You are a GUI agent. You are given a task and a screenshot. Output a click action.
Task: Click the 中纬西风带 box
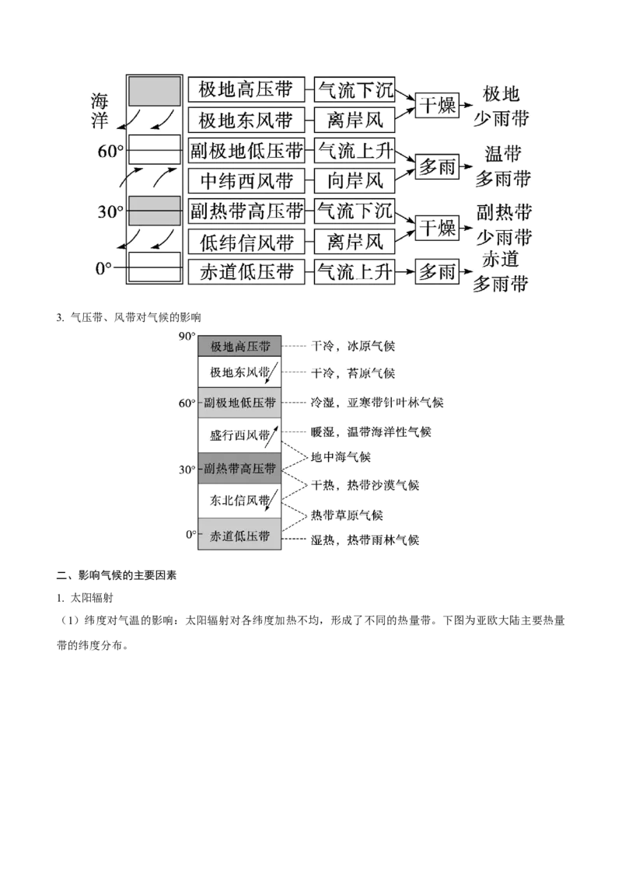(x=246, y=180)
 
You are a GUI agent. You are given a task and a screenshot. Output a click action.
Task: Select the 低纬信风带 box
(x=246, y=242)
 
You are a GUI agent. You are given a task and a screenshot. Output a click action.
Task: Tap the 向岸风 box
(x=355, y=180)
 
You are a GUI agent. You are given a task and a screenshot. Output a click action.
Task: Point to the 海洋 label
(x=100, y=111)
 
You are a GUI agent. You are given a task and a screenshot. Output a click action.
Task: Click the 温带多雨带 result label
(x=503, y=166)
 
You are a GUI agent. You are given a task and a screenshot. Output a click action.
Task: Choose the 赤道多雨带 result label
(x=500, y=272)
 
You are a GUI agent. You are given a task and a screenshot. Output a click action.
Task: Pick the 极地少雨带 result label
(x=501, y=106)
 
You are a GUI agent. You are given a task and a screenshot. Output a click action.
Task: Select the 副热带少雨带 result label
(x=504, y=225)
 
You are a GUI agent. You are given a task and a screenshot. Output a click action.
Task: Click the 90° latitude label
(x=187, y=337)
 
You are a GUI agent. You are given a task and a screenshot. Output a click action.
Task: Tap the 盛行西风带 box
(x=239, y=435)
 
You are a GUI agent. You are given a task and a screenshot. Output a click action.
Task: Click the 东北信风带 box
(x=239, y=501)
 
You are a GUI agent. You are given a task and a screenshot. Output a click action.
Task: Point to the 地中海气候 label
(x=341, y=457)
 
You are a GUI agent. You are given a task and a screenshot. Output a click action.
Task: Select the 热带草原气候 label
(x=347, y=515)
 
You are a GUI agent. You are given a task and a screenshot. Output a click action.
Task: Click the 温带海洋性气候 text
(x=389, y=431)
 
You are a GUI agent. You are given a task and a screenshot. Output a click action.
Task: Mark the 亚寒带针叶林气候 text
(x=395, y=403)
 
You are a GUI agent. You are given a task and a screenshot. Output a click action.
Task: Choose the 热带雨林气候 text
(x=383, y=540)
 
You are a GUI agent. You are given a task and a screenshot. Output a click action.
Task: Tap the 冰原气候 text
(x=371, y=346)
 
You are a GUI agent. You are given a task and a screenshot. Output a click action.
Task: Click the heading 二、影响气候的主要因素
(x=117, y=575)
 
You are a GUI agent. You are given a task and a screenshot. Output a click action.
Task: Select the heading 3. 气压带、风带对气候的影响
(x=128, y=318)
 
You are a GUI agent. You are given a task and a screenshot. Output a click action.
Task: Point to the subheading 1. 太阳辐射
(x=85, y=598)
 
